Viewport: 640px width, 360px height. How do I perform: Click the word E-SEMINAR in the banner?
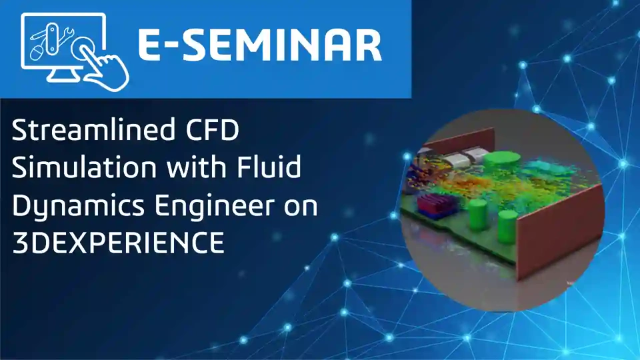click(x=259, y=45)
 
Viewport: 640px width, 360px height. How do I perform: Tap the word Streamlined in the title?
click(x=87, y=130)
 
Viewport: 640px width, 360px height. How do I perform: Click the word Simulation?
click(x=84, y=167)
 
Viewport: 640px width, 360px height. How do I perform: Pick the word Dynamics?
click(x=78, y=207)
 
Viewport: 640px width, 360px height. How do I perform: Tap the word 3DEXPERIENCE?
click(x=118, y=243)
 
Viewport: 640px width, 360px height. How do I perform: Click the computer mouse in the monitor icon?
click(x=36, y=53)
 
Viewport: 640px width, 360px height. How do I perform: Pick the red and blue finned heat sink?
click(x=435, y=204)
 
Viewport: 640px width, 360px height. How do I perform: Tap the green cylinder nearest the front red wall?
click(x=508, y=227)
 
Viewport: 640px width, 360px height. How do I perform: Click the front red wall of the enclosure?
click(x=560, y=232)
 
